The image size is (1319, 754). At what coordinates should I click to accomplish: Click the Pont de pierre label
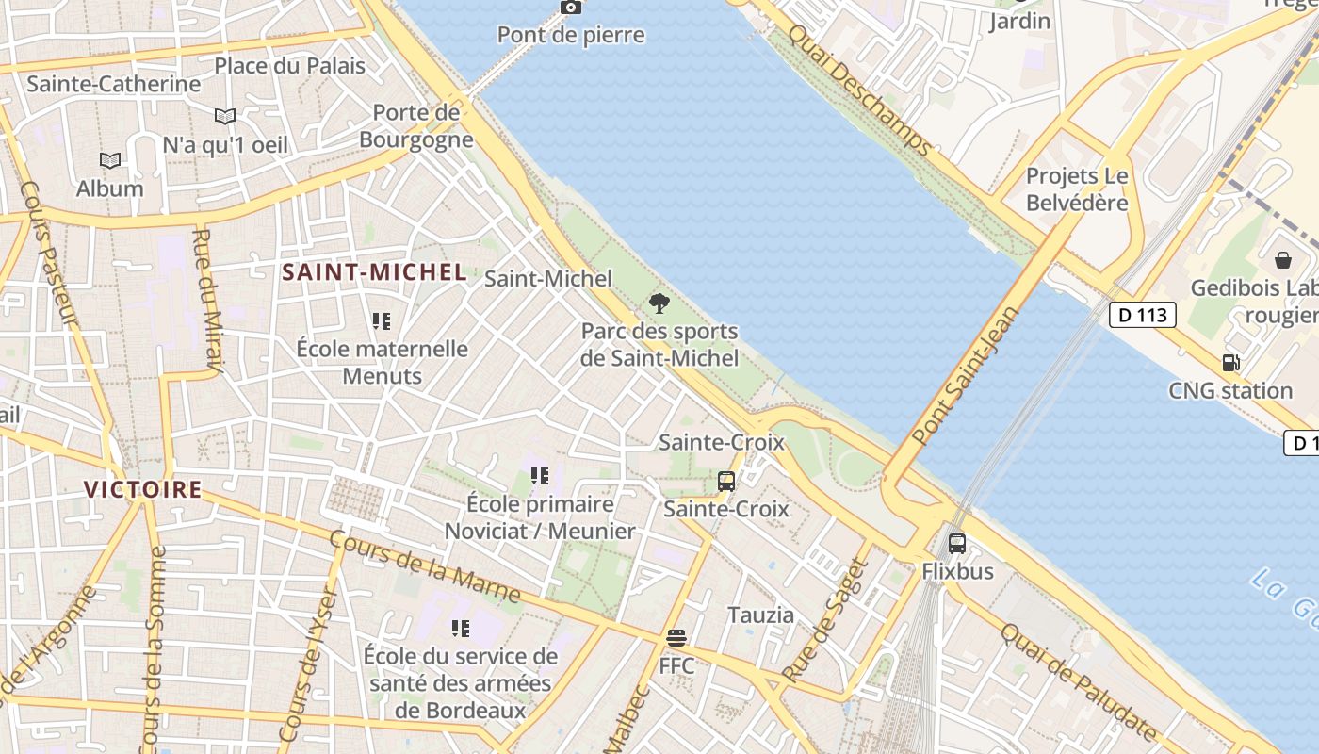coord(571,36)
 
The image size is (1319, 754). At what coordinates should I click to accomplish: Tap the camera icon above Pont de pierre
coord(571,8)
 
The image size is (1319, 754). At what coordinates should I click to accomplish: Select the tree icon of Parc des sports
coord(659,303)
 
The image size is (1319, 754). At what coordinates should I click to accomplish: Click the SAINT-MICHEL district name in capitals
coord(374,273)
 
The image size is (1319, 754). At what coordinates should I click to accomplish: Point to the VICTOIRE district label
coord(142,489)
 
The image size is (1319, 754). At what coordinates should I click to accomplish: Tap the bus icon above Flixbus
coord(956,543)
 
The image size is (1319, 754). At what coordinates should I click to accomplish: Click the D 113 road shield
coord(1142,315)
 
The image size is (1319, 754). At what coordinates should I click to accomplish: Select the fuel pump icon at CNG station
coord(1230,362)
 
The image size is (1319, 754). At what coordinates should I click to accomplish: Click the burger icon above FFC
coord(676,638)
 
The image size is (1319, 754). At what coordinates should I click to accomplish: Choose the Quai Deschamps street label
coord(858,90)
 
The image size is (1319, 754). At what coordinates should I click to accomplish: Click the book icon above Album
coord(110,160)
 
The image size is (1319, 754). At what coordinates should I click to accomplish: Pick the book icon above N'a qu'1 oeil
coord(224,117)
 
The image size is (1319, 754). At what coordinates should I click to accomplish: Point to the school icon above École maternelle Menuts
coord(381,321)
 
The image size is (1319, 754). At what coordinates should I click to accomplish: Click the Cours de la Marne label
coord(424,566)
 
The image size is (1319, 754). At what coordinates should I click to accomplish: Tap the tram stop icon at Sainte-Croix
coord(725,481)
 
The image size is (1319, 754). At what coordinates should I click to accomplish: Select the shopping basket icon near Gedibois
coord(1282,260)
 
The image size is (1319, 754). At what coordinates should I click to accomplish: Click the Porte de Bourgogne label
coord(415,126)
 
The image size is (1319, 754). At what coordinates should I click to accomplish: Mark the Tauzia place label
coord(760,615)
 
